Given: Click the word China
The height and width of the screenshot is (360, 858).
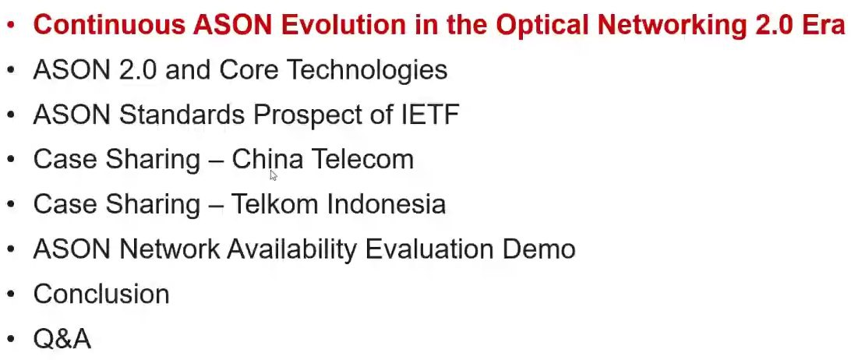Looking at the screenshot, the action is pyautogui.click(x=267, y=159).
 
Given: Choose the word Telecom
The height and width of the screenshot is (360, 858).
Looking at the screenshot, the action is pyautogui.click(x=362, y=159).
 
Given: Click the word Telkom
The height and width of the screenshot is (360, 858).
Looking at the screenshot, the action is pyautogui.click(x=274, y=204).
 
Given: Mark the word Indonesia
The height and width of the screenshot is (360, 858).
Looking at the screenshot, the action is pyautogui.click(x=386, y=204).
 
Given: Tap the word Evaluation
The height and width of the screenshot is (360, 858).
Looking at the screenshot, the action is pyautogui.click(x=429, y=249).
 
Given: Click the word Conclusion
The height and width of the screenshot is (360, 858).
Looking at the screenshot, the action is pyautogui.click(x=101, y=294).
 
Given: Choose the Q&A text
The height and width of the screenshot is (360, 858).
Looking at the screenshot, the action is pyautogui.click(x=62, y=339).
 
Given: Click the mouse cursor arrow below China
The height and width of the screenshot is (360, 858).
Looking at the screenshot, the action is pyautogui.click(x=274, y=175).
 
